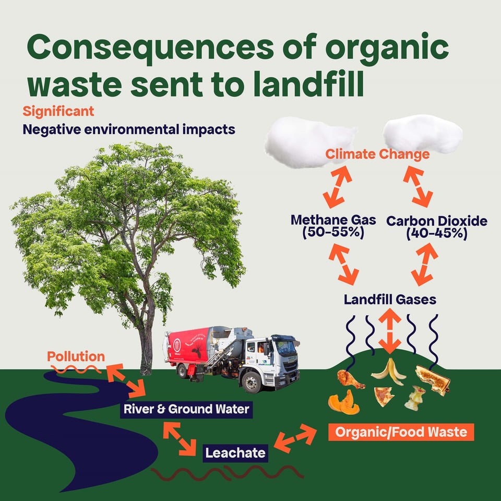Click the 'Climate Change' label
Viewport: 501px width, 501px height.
(x=377, y=154)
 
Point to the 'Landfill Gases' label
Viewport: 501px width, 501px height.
(x=390, y=300)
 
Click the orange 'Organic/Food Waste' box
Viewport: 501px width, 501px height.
(x=401, y=432)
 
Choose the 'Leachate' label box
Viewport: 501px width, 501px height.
(x=235, y=452)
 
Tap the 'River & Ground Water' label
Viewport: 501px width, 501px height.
(x=186, y=409)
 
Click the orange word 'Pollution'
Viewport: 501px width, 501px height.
(x=76, y=357)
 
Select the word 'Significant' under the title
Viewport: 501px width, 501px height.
(x=58, y=111)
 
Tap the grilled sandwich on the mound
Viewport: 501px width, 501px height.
(x=433, y=379)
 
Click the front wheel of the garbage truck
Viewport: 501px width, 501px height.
(x=253, y=383)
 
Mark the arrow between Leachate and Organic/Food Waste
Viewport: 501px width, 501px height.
(x=295, y=438)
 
